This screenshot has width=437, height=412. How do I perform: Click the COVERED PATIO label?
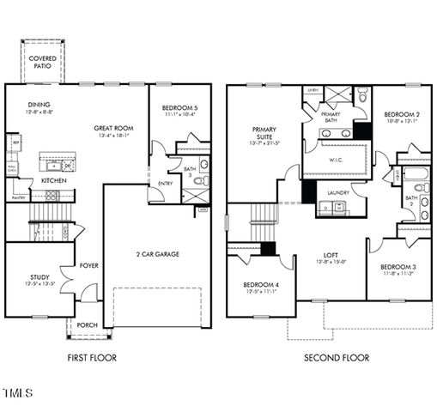click(x=44, y=62)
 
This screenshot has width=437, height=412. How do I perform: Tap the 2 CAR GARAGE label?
click(x=156, y=254)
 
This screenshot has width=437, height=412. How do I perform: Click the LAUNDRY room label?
click(x=336, y=193)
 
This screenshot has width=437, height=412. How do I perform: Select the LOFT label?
click(x=331, y=254)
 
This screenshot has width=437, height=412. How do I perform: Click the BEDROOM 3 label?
click(x=398, y=268)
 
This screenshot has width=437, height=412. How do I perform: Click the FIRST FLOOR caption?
click(x=91, y=357)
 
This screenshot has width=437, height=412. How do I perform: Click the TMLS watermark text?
click(x=17, y=393)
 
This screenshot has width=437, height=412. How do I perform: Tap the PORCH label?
click(x=87, y=325)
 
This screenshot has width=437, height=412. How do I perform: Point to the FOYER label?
click(x=89, y=266)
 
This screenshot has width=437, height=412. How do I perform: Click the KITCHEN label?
click(x=54, y=181)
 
